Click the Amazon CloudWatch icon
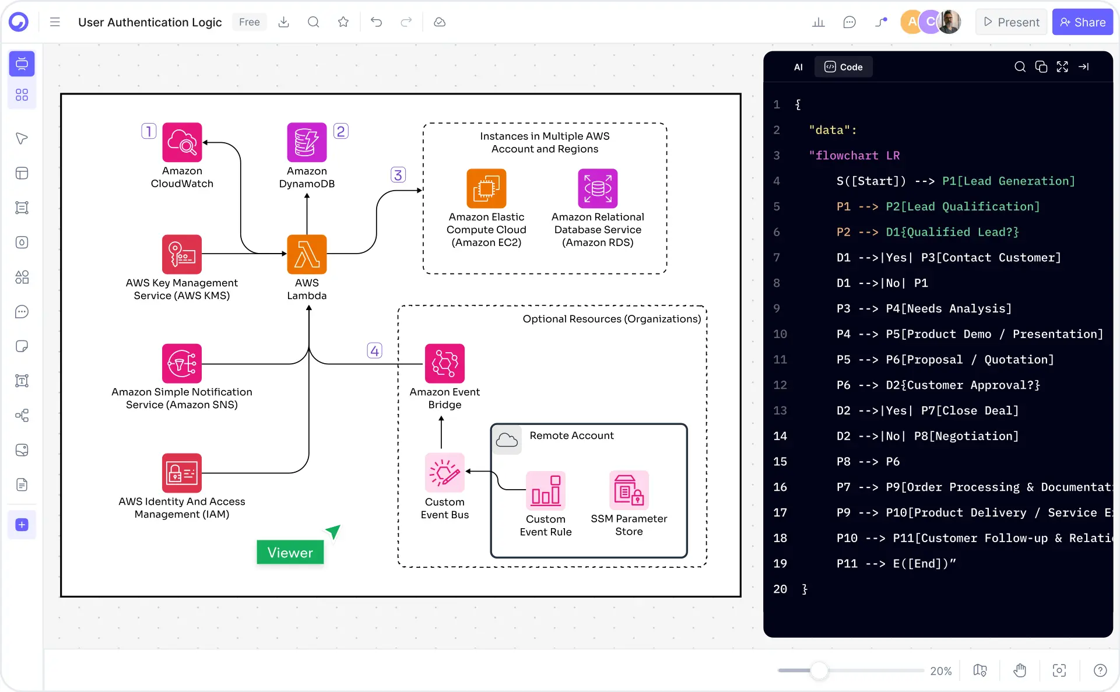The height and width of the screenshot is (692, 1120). click(182, 142)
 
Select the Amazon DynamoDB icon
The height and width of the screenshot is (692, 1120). click(307, 142)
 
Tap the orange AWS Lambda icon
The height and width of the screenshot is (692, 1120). click(307, 254)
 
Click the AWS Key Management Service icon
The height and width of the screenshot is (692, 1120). click(182, 254)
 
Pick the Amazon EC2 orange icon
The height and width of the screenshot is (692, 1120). click(486, 188)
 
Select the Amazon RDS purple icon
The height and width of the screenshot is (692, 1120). click(598, 188)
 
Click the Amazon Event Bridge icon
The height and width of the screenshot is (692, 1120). click(444, 363)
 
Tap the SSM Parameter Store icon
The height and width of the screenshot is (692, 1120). click(629, 490)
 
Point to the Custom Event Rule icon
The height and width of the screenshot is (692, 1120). click(545, 490)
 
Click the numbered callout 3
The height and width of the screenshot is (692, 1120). click(398, 175)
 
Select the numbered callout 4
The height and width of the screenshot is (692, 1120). click(374, 350)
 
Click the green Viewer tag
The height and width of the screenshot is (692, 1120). click(290, 552)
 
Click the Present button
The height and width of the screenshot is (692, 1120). click(1012, 22)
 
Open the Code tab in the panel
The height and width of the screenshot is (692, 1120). click(843, 67)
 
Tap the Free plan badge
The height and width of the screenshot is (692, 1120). click(249, 22)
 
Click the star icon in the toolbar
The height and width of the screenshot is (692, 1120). click(343, 22)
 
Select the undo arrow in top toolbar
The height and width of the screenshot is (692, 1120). click(376, 22)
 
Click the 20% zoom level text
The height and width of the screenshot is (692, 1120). click(940, 671)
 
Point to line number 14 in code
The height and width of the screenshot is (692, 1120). click(780, 436)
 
